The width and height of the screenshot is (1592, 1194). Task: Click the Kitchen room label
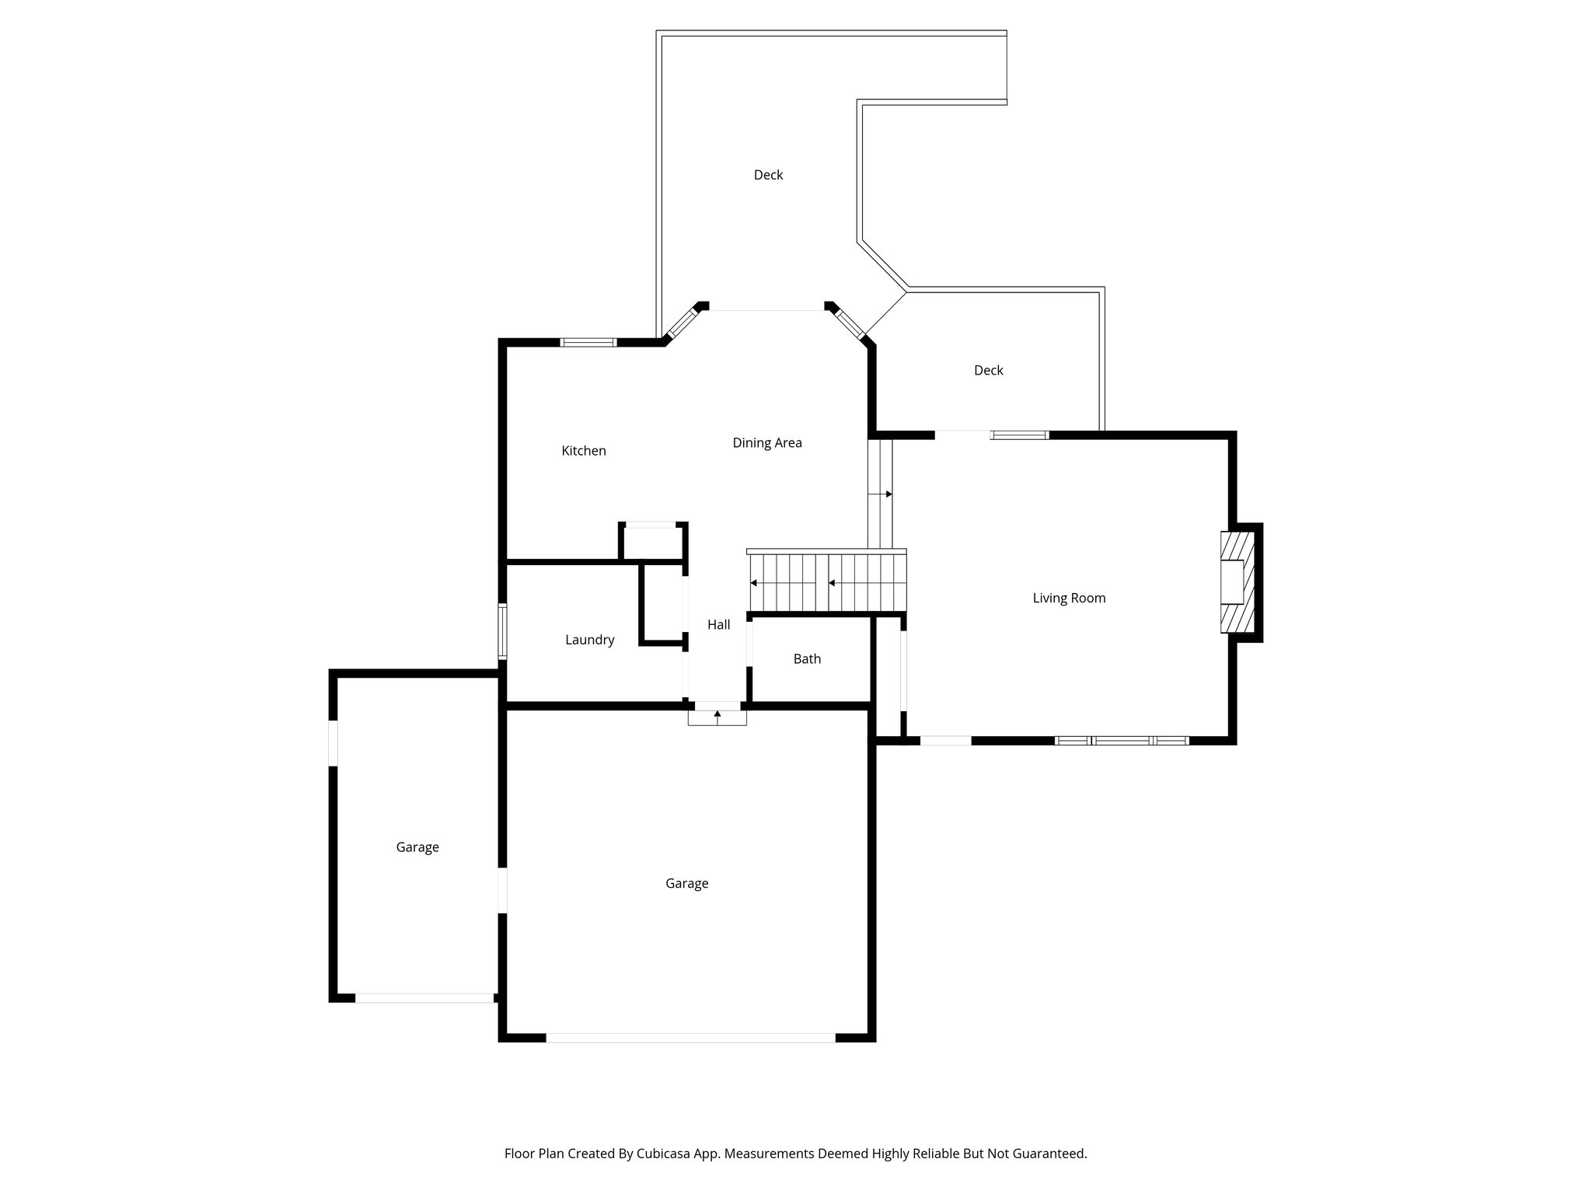(x=584, y=451)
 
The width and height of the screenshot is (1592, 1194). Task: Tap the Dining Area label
(x=767, y=443)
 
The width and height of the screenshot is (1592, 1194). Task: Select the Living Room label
(x=1069, y=598)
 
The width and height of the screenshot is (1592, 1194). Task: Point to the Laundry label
(x=589, y=640)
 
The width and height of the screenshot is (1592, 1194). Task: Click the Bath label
(x=807, y=659)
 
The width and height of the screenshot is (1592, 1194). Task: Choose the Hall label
(x=718, y=624)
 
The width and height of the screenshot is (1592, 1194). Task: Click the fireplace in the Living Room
(x=1236, y=581)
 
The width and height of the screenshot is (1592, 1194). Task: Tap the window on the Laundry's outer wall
(x=503, y=631)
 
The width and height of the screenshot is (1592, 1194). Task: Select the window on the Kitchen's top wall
(x=588, y=342)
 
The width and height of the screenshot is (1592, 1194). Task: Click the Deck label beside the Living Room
(x=988, y=371)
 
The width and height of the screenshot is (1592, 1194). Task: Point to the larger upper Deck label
(x=768, y=176)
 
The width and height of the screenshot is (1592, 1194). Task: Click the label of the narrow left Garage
(x=417, y=847)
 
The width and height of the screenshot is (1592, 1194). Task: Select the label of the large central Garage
(x=686, y=884)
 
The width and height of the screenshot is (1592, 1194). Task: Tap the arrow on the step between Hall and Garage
(x=717, y=714)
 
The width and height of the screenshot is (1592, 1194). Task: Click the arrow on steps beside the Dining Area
(x=888, y=494)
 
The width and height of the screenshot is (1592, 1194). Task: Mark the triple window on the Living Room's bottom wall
(x=1122, y=741)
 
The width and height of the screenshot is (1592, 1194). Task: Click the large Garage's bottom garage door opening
(x=690, y=1037)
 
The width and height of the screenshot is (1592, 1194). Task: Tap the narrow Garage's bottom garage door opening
(x=425, y=997)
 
